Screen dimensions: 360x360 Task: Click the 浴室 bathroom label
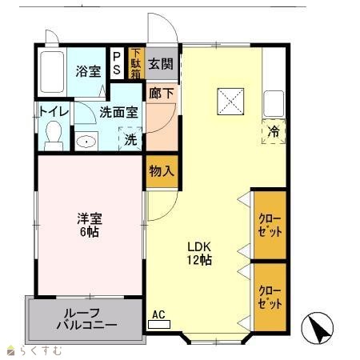88,71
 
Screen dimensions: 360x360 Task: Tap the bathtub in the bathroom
52,72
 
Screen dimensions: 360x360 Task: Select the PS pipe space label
117,63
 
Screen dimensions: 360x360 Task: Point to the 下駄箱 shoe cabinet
136,63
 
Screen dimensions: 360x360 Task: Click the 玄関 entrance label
161,64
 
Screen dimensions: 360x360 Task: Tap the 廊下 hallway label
162,93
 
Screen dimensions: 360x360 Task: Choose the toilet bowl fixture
54,136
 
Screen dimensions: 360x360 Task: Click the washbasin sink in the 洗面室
86,142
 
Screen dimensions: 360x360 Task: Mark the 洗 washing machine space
130,139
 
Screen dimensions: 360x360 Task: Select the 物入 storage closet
162,171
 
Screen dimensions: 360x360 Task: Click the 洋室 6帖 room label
90,225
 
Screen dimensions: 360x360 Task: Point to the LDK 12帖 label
199,254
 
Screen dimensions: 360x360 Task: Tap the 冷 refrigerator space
274,131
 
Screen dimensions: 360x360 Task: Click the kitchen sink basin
274,104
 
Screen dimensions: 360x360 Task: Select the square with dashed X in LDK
230,102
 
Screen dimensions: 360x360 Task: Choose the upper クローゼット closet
270,225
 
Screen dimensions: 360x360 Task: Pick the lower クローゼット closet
270,297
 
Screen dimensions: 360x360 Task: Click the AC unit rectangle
159,325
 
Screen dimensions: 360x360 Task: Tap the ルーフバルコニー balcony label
87,319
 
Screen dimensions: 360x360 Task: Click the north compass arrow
318,328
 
